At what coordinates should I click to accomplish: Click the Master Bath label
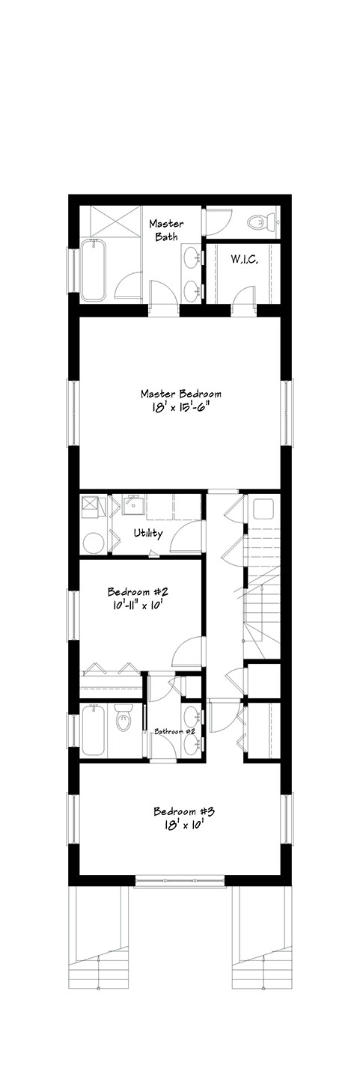coord(166,230)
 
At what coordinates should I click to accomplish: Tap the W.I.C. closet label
coord(245,260)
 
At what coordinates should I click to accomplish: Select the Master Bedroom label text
coord(180,394)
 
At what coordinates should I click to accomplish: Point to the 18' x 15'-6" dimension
coord(180,408)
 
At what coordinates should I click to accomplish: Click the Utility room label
coord(148,533)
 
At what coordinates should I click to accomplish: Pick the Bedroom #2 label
coord(138,592)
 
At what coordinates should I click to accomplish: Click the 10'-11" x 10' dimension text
coord(138,605)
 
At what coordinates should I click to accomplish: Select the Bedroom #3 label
coord(184,811)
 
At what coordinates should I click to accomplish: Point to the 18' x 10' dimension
coord(184,825)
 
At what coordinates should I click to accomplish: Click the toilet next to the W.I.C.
coord(260,222)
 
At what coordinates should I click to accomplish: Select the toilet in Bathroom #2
coord(123,720)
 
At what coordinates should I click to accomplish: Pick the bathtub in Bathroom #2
coord(94,730)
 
